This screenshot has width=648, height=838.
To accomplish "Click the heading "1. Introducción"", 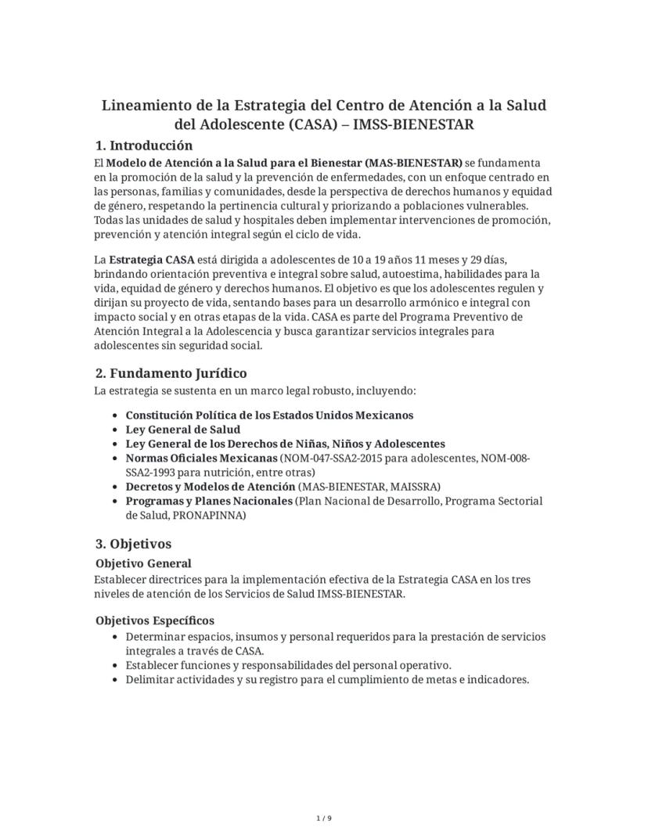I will coord(143,146).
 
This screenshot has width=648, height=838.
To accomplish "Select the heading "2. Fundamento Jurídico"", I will coord(171,372).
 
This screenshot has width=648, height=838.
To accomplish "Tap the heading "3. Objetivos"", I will coord(133,543).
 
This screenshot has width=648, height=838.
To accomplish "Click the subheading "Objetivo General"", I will coord(143,563).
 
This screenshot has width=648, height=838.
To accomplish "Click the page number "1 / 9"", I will coord(324,818).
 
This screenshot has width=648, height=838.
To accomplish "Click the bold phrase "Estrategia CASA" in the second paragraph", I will coord(152,259).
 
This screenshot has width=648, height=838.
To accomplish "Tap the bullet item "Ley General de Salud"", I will coord(183,430).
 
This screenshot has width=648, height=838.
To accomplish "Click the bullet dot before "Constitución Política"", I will coord(116,415).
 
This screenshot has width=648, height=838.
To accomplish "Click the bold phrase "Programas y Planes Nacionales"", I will coord(209,501).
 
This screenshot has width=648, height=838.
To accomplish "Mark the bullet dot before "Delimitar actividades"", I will coord(116,680).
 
